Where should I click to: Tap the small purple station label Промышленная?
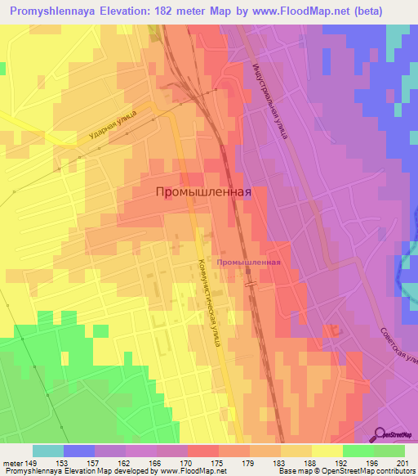point(249,263)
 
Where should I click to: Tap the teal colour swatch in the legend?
point(48,451)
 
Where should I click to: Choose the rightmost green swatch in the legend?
point(389,451)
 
